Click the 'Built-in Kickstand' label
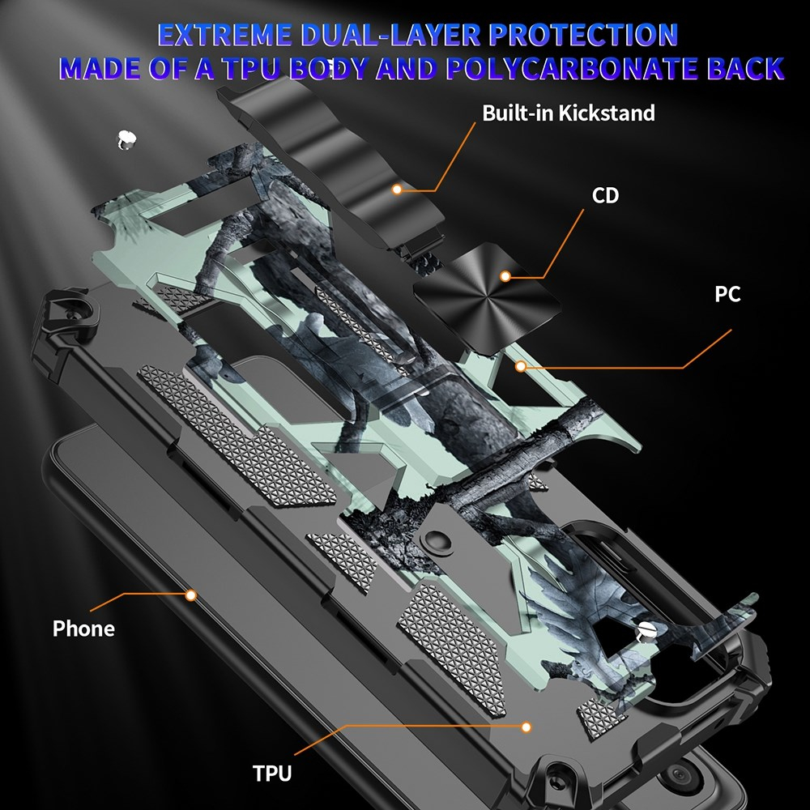click(568, 113)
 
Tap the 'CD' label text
click(605, 195)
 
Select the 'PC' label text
click(727, 293)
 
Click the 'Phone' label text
click(83, 629)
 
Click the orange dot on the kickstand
click(397, 190)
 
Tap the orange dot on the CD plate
click(505, 276)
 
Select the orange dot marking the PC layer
click(522, 367)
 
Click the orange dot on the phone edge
click(191, 595)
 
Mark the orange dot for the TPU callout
click(527, 727)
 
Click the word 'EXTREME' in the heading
click(225, 36)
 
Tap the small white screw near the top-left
click(125, 139)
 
